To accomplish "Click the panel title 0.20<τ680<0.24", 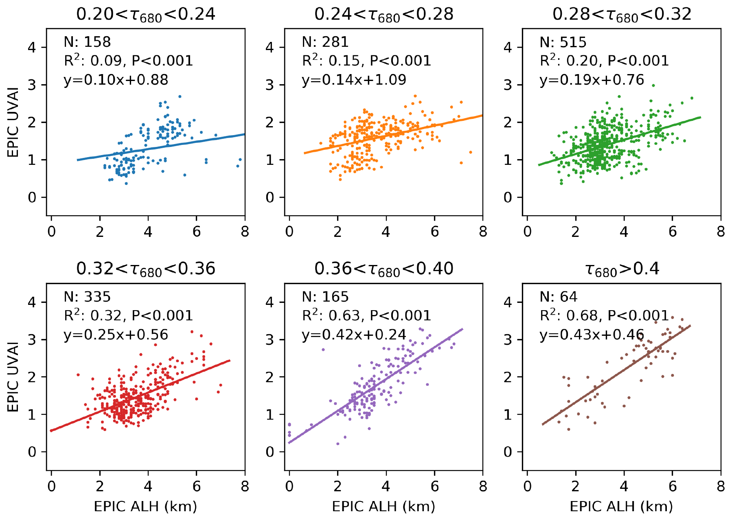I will click(x=145, y=15).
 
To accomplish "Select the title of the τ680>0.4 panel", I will click(x=622, y=269).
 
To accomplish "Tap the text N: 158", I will click(x=87, y=42).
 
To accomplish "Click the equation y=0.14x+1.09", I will click(x=354, y=80).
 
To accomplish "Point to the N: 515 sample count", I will click(x=563, y=42).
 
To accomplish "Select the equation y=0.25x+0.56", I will click(x=116, y=335).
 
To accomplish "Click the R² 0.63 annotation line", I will click(x=366, y=315).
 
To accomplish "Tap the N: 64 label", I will click(x=558, y=297).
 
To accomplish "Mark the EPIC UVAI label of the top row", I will click(x=13, y=122).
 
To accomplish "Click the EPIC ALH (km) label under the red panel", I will click(x=145, y=506).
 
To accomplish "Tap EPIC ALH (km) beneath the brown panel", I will click(x=621, y=506).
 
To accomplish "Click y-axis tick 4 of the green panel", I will click(x=508, y=48).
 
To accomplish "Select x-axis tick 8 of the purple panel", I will click(x=483, y=486).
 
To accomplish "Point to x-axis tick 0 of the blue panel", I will click(x=51, y=232).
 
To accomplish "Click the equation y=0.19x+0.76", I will click(x=592, y=80).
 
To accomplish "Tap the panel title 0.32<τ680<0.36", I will click(x=145, y=269).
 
